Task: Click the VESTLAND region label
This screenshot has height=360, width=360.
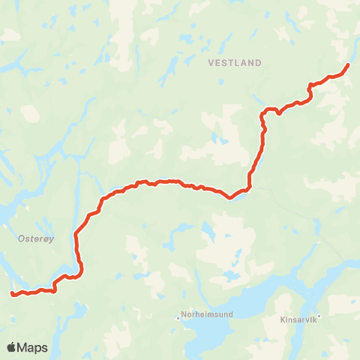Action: [235, 63]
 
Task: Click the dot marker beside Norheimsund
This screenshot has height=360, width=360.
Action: [178, 317]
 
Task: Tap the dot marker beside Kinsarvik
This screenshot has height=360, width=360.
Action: [319, 316]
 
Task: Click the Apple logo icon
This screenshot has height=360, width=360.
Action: [11, 347]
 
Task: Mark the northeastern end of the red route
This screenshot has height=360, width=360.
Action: [348, 66]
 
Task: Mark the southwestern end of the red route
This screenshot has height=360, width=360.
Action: [12, 294]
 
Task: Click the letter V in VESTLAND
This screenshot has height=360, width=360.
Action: [211, 63]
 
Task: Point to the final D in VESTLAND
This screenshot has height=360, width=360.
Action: [259, 63]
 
